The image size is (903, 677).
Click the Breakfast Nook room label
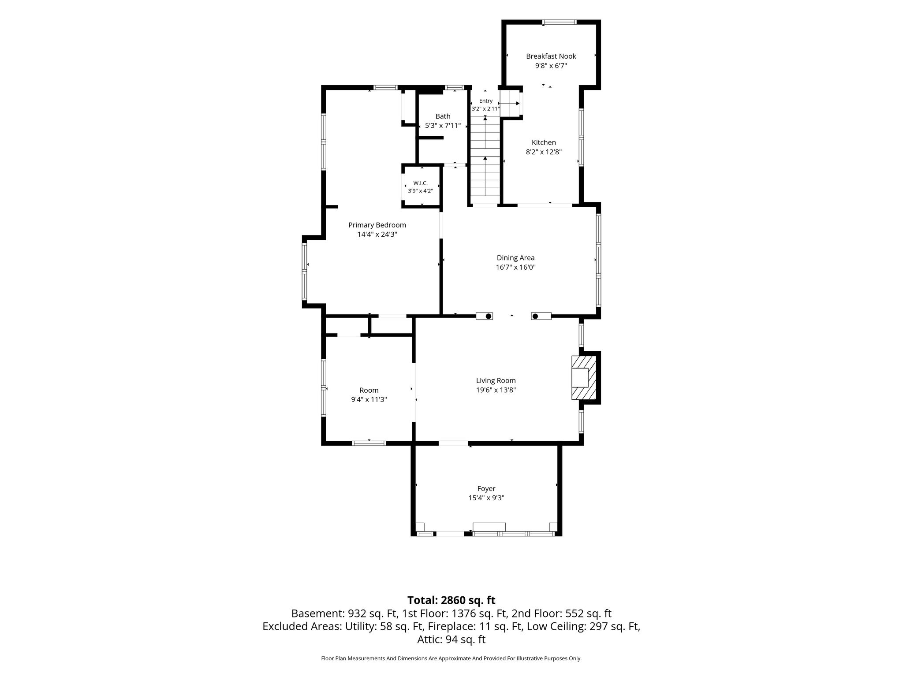[x=551, y=56]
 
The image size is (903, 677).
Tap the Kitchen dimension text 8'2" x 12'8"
[x=544, y=152]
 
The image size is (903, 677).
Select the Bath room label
[x=443, y=116]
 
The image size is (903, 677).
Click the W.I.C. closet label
[x=420, y=183]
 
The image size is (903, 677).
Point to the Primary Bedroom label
[x=377, y=225]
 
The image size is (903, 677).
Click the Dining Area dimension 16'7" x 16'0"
[x=515, y=268]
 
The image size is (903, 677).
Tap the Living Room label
[x=496, y=381]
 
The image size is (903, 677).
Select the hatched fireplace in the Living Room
[x=584, y=378]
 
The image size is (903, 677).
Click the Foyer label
[x=486, y=489]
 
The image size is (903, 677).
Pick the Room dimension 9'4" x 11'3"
[x=369, y=400]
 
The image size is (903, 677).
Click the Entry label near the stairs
[x=485, y=101]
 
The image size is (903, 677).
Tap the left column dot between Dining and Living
[x=488, y=316]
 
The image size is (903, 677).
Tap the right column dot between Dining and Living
[x=535, y=316]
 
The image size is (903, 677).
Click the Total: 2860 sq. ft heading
[x=451, y=600]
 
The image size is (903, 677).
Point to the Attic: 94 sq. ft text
[x=451, y=640]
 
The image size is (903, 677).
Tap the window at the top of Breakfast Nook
[x=559, y=22]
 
